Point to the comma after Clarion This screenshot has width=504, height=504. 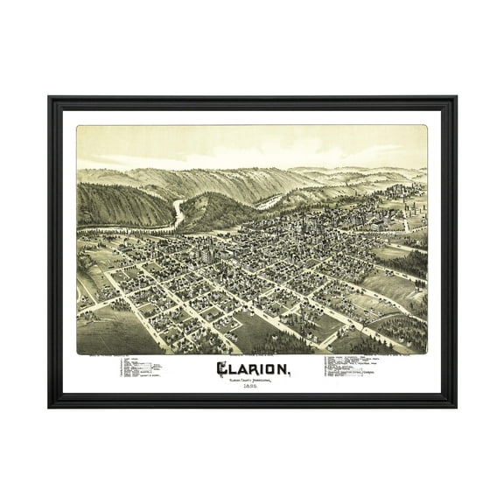click(289, 374)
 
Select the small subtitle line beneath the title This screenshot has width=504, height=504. click(251, 381)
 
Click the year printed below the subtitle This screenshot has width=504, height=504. click(251, 388)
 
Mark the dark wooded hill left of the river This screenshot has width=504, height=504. click(122, 206)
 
